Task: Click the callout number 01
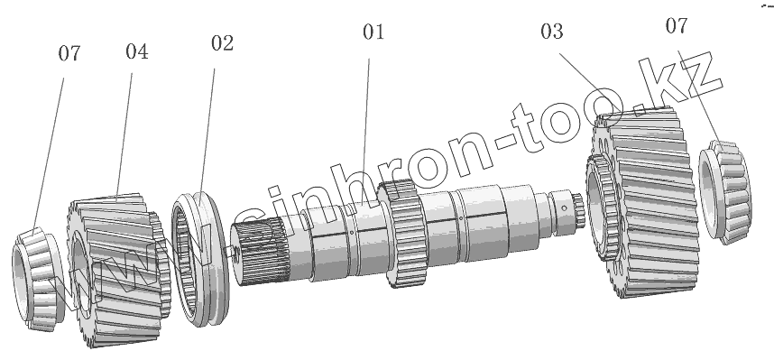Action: [373, 32]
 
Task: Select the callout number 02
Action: [222, 43]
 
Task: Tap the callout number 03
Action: [551, 32]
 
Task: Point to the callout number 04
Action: [137, 51]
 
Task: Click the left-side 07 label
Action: [69, 53]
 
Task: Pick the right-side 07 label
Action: [677, 25]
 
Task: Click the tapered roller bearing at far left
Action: [37, 279]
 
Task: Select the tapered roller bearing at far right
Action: [724, 192]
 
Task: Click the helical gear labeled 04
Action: [118, 270]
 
